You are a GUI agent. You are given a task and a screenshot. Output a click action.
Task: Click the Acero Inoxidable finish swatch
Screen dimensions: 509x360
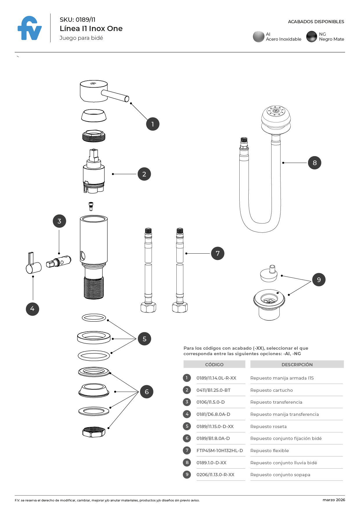(x=258, y=37)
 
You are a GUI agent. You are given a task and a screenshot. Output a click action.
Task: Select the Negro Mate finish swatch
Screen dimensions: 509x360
(x=312, y=37)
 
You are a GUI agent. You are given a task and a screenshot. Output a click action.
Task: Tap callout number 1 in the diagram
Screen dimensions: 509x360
(x=153, y=124)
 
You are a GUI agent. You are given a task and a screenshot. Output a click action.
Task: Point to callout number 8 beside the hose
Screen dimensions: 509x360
(x=314, y=163)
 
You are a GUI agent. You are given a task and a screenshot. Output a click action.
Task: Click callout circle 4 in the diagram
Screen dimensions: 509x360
(x=32, y=309)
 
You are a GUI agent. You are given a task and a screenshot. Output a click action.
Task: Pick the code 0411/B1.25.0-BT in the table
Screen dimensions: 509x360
(x=213, y=390)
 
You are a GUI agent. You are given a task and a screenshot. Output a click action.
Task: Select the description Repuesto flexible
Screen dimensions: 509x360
(x=269, y=451)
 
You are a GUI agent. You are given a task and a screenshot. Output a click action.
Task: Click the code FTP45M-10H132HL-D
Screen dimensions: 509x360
(x=220, y=451)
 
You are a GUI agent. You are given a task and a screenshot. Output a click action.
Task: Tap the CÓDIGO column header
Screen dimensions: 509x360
(x=214, y=364)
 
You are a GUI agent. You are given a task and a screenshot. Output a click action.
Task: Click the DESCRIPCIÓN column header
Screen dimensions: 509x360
(x=297, y=364)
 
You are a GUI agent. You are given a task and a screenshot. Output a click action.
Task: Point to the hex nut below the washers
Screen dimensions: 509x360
(x=93, y=432)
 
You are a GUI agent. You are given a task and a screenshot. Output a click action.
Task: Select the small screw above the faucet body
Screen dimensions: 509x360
(x=91, y=206)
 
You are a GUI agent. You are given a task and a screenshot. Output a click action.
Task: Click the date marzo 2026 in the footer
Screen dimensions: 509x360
(x=334, y=500)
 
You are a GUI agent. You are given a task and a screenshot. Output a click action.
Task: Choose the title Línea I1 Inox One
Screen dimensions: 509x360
(x=91, y=28)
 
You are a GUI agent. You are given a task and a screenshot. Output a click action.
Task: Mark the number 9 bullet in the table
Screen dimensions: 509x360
(x=187, y=475)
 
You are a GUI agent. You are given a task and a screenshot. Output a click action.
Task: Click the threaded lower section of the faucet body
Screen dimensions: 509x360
(x=94, y=287)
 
